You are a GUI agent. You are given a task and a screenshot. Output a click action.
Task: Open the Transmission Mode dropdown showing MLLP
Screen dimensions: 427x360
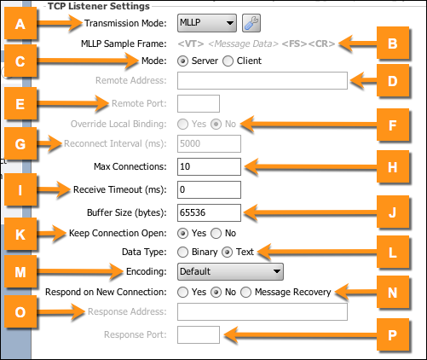tap(207, 23)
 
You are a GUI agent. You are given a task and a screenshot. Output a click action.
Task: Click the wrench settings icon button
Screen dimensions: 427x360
tap(251, 23)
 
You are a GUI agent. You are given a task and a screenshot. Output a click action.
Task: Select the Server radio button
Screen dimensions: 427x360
tap(182, 61)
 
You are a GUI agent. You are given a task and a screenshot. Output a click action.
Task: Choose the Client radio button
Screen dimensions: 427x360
tap(228, 61)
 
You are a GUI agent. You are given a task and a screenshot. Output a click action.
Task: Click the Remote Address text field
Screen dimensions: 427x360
tap(263, 80)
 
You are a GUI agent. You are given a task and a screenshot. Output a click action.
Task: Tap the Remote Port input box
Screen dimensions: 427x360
tap(199, 103)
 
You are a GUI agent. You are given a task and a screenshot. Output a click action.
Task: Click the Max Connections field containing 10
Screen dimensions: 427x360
tap(209, 166)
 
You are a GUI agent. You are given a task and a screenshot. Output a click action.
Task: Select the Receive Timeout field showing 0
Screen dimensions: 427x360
tap(209, 189)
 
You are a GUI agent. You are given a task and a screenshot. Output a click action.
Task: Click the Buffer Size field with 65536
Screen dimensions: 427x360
tap(209, 212)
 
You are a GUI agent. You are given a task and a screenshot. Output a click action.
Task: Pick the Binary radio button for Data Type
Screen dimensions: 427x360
tap(182, 252)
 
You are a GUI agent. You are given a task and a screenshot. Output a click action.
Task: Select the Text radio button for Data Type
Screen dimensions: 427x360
tap(228, 252)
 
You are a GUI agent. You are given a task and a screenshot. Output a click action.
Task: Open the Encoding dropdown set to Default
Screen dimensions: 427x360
tap(230, 271)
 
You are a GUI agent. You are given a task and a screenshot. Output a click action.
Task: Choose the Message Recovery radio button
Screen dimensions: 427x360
tap(246, 292)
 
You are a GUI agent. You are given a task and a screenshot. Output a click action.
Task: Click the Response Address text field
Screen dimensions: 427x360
tap(263, 311)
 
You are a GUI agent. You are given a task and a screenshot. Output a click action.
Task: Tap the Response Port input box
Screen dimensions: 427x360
tap(199, 334)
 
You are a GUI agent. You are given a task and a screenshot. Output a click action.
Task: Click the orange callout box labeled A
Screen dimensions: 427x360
tap(20, 24)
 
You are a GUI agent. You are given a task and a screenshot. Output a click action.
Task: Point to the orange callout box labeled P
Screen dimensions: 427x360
tap(393, 334)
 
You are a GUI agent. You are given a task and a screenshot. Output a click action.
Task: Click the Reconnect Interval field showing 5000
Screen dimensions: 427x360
tap(209, 143)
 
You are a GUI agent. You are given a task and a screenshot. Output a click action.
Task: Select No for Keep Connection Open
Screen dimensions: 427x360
tap(216, 234)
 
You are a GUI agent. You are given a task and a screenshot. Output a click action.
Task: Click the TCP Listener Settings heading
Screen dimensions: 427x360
tap(99, 6)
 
